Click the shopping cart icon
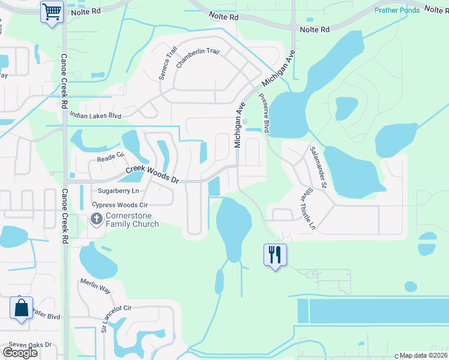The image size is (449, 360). coord(52,11)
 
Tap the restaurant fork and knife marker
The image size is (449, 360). coord(275,255)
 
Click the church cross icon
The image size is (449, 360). coord(96,220)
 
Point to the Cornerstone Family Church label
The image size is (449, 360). coord(132,220)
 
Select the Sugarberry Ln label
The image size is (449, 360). coord(118,191)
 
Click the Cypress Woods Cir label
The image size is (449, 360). coord(119,205)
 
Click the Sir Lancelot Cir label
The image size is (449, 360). coord(116,317)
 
